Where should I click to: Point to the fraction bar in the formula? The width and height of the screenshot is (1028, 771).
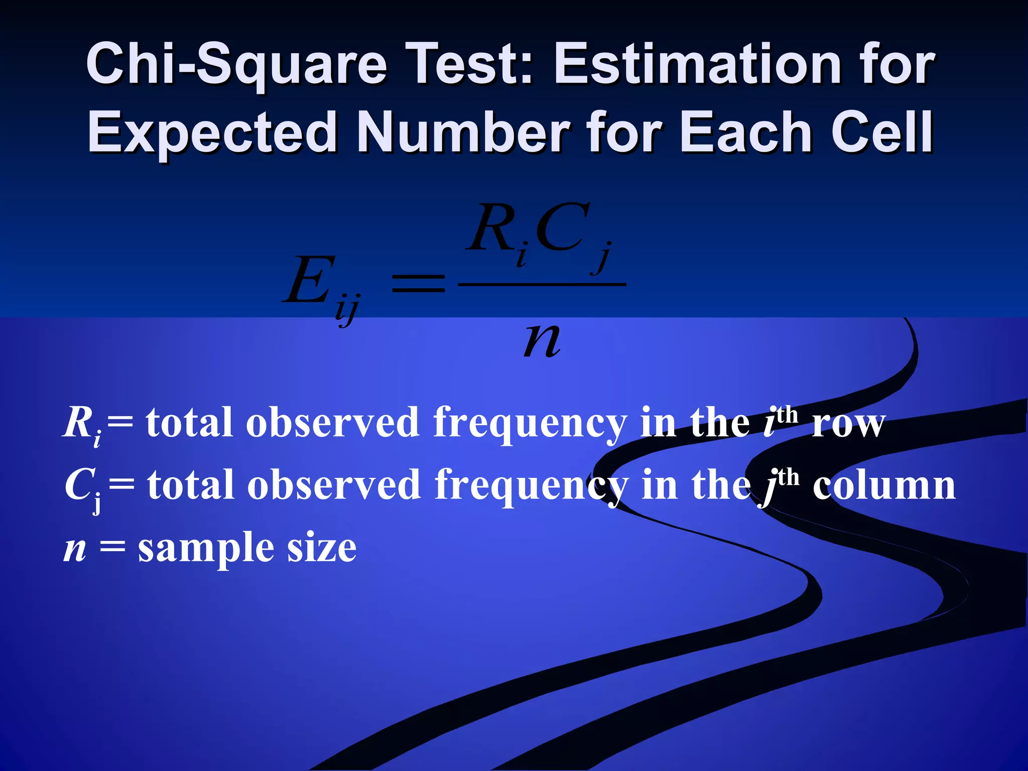pyautogui.click(x=542, y=285)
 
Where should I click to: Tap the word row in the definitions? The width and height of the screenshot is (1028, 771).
pyautogui.click(x=848, y=424)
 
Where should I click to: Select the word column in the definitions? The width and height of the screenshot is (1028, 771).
pyautogui.click(x=884, y=485)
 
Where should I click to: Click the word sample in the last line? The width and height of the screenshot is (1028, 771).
pyautogui.click(x=206, y=548)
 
